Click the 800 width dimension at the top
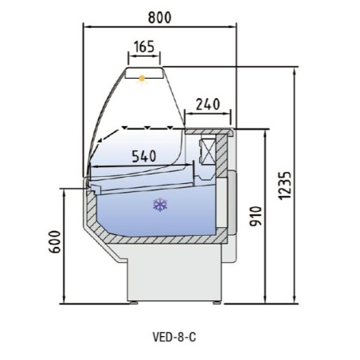point(160,15)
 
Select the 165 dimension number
point(144,48)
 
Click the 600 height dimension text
point(53,245)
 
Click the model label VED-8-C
point(173,336)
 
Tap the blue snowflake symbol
point(160,205)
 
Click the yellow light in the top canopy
point(144,78)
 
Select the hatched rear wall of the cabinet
point(228,191)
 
